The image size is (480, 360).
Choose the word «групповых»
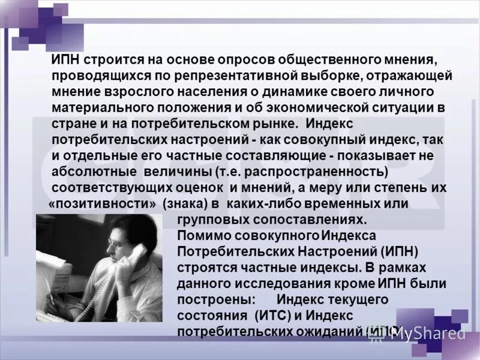coord(211,220)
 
